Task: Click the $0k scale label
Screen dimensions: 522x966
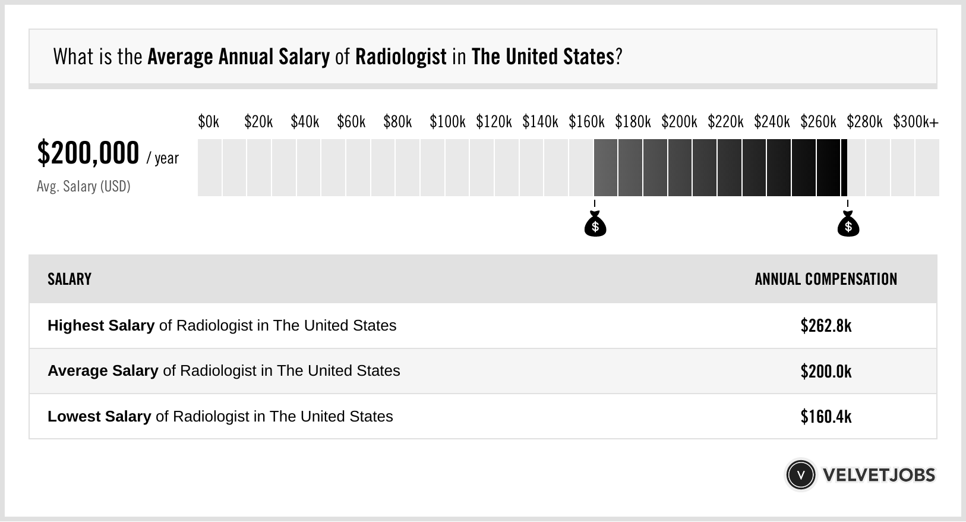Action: click(x=209, y=122)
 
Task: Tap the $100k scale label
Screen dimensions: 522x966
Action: click(x=447, y=122)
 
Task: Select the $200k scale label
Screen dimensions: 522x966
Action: click(x=679, y=122)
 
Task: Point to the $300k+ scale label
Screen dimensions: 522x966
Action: click(x=916, y=122)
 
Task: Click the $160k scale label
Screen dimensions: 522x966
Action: click(x=586, y=122)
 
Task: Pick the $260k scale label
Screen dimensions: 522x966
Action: click(x=818, y=122)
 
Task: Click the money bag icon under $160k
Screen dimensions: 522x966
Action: click(x=595, y=224)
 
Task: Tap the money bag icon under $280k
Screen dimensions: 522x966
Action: click(x=848, y=224)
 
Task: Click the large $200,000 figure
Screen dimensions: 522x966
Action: click(x=88, y=153)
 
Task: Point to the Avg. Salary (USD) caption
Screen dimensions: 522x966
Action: click(x=84, y=187)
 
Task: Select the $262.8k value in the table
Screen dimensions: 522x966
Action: click(x=826, y=326)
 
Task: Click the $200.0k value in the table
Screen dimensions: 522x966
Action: click(x=826, y=372)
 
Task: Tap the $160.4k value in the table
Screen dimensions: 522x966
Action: click(x=826, y=417)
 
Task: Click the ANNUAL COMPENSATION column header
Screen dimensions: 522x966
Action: click(x=826, y=279)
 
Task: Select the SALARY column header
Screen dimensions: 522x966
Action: click(x=70, y=279)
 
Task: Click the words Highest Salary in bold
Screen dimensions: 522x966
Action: click(x=101, y=326)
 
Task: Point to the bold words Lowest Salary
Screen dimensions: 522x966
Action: click(x=99, y=417)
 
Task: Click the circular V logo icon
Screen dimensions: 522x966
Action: click(x=801, y=475)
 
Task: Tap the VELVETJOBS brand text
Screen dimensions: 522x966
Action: click(x=879, y=475)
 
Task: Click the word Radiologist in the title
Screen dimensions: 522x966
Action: click(x=401, y=57)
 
